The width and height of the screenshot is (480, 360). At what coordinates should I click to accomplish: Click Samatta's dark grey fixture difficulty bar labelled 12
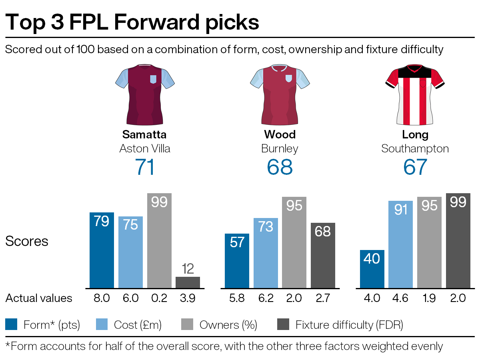tap(188, 282)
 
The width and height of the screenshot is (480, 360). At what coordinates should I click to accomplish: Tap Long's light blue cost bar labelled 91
tap(400, 244)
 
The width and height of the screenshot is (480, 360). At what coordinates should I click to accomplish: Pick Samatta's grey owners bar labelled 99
tap(159, 240)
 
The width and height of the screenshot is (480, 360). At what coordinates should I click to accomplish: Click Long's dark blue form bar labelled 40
tap(372, 269)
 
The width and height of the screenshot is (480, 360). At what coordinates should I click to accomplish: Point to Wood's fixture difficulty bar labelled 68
tap(323, 255)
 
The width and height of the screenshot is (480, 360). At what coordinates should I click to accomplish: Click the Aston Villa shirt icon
tap(145, 95)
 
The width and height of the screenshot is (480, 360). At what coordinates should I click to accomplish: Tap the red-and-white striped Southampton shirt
tap(415, 95)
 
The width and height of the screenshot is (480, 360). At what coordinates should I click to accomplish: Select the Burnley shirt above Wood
tap(280, 95)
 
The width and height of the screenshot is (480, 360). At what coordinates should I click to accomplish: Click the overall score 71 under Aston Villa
tap(145, 167)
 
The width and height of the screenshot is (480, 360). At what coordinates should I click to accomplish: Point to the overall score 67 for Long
tap(415, 167)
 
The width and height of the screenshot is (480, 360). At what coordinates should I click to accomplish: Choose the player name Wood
tap(280, 134)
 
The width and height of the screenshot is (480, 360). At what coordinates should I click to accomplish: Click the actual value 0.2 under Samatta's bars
tap(159, 298)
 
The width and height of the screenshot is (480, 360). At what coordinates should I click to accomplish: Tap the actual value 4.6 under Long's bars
tap(400, 298)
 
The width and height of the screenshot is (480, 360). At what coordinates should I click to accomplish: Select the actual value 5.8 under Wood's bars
tap(237, 298)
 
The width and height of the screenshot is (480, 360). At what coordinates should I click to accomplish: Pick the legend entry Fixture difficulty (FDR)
tap(349, 325)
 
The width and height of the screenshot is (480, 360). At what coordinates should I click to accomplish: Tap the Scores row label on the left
tap(27, 241)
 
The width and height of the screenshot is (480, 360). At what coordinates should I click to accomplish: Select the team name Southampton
tap(415, 149)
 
